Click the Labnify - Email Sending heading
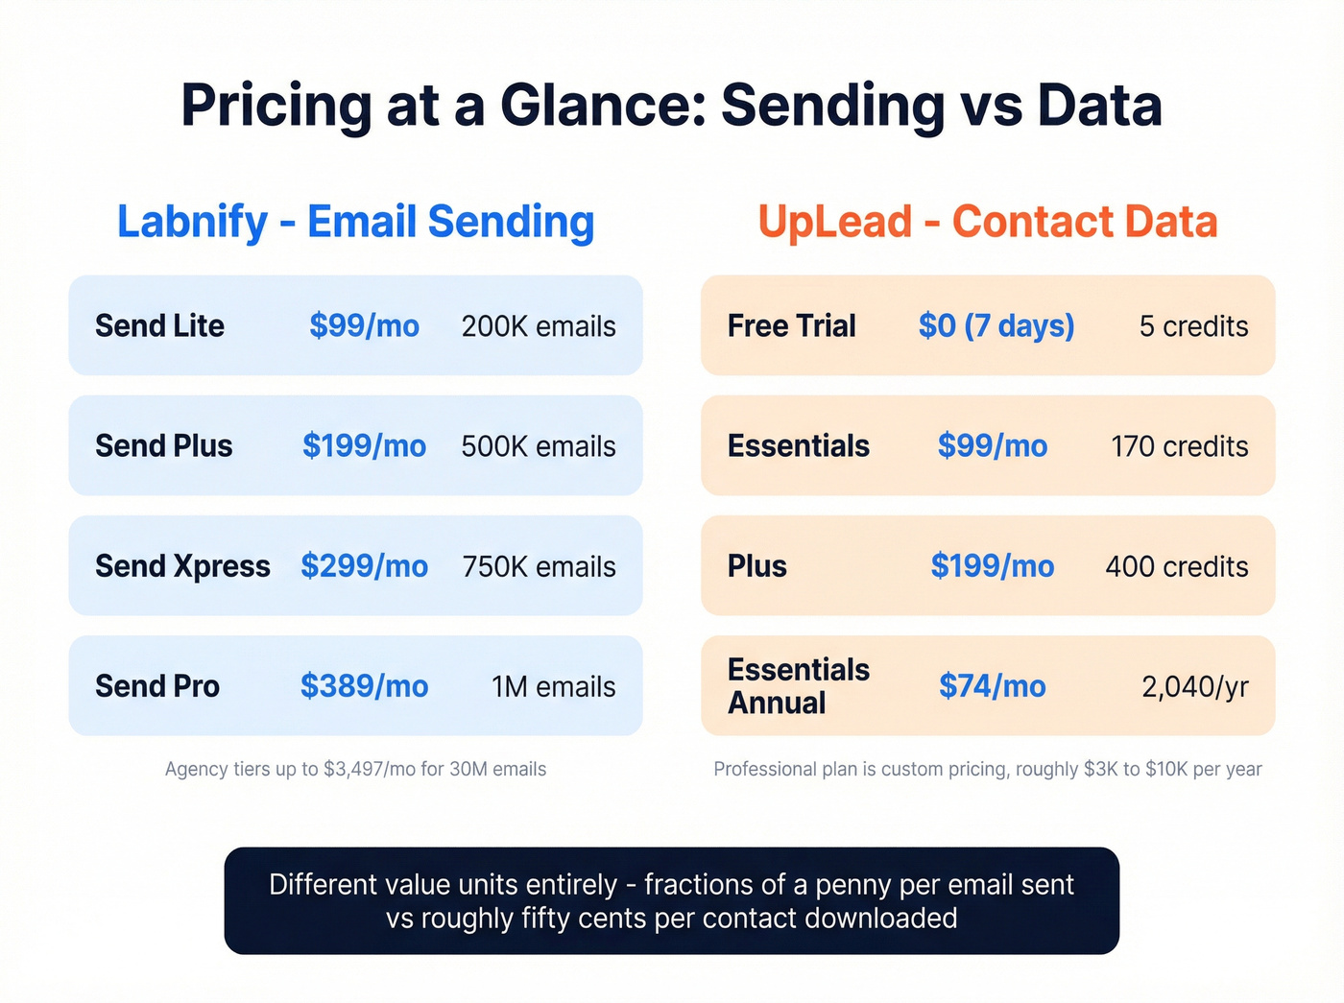355,222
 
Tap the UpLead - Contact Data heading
987,222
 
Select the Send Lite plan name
159,326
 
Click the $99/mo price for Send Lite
364,326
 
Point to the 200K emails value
539,326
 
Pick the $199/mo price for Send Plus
364,446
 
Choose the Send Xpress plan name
182,566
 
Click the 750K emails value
539,566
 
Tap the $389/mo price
364,686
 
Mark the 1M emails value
553,686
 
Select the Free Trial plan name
791,326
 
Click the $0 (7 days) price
996,326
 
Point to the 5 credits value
1193,326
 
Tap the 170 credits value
1179,446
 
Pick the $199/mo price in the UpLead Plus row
992,566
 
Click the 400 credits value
1176,566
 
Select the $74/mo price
992,686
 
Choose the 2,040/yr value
1194,686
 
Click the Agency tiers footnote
355,769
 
